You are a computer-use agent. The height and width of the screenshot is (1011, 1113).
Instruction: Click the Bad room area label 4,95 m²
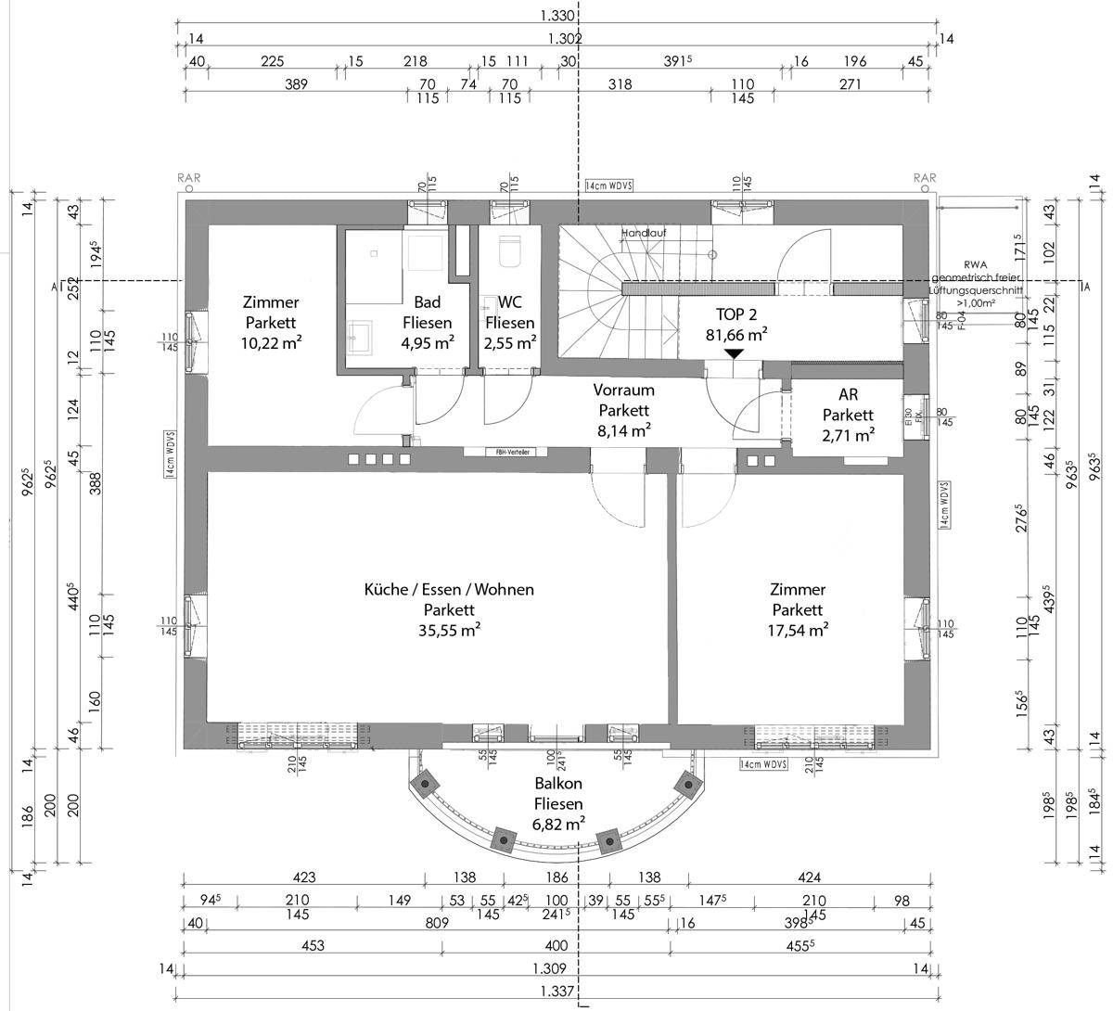pyautogui.click(x=427, y=342)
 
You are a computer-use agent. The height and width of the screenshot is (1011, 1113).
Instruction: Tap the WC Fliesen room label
pyautogui.click(x=509, y=313)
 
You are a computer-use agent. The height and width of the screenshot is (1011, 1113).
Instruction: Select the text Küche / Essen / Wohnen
pyautogui.click(x=449, y=589)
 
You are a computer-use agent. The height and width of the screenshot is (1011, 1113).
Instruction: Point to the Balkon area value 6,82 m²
pyautogui.click(x=557, y=824)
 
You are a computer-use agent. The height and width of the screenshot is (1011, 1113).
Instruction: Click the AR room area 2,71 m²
pyautogui.click(x=848, y=434)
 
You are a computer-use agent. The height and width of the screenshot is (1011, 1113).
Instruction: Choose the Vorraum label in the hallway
pyautogui.click(x=623, y=390)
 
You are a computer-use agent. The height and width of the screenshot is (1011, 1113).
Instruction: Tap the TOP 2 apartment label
pyautogui.click(x=736, y=314)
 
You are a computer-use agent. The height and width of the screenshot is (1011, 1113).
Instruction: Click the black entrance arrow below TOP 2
pyautogui.click(x=734, y=353)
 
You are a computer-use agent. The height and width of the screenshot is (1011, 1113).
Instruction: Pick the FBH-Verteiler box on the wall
pyautogui.click(x=505, y=452)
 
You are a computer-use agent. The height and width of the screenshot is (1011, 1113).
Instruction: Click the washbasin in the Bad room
pyautogui.click(x=359, y=336)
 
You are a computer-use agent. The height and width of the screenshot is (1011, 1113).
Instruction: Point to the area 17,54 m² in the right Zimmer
pyautogui.click(x=798, y=631)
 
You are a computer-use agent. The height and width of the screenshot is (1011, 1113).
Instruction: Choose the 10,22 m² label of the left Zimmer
pyautogui.click(x=271, y=342)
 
